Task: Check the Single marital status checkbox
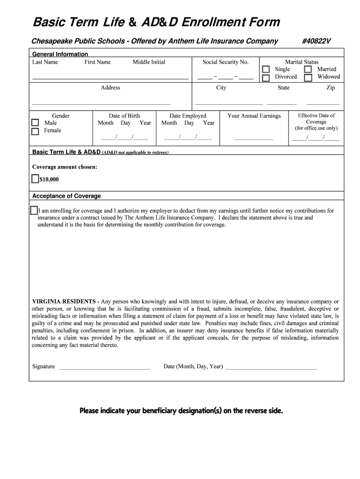point(266,70)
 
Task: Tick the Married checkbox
point(308,70)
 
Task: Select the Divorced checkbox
point(266,78)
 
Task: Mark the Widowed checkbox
point(308,78)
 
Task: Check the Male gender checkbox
point(35,123)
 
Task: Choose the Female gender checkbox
point(35,131)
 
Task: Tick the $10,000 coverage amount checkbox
point(36,179)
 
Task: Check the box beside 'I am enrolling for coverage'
point(34,210)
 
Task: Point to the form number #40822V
point(316,41)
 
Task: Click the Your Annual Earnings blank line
point(254,139)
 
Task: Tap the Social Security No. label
point(225,62)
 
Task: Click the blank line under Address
point(101,103)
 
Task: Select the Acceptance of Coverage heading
point(66,196)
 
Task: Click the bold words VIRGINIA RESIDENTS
point(63,302)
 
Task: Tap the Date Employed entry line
point(188,138)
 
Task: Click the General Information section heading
point(60,54)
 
